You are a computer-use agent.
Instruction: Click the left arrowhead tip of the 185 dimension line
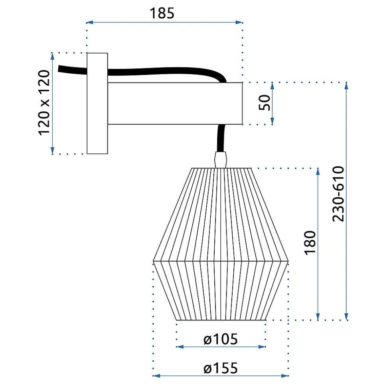(x=86, y=22)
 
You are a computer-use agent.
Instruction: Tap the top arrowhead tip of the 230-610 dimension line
(x=346, y=83)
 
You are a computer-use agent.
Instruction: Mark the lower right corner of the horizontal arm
(x=242, y=124)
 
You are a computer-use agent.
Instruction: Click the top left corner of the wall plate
(x=87, y=53)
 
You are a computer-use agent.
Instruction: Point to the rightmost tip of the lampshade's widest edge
(x=288, y=261)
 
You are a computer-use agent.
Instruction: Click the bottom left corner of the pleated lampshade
(x=176, y=320)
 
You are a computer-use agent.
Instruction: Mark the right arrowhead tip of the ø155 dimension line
(x=288, y=376)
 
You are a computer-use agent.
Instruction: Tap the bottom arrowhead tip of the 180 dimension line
(x=318, y=320)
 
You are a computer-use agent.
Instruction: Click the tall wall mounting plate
(x=97, y=103)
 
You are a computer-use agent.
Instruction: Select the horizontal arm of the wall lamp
(x=175, y=103)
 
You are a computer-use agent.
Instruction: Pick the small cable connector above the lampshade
(x=221, y=160)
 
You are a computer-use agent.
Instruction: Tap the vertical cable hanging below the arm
(x=221, y=138)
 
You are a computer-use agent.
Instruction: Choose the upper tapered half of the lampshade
(x=221, y=214)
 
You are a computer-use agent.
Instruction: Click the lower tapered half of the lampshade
(x=221, y=291)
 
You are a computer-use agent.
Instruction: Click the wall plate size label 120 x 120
(x=44, y=103)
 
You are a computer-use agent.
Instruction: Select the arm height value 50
(x=264, y=102)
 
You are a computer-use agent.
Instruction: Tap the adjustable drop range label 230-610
(x=338, y=194)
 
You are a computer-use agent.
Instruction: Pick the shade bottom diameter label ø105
(x=221, y=339)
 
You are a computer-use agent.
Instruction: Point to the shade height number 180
(x=310, y=243)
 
